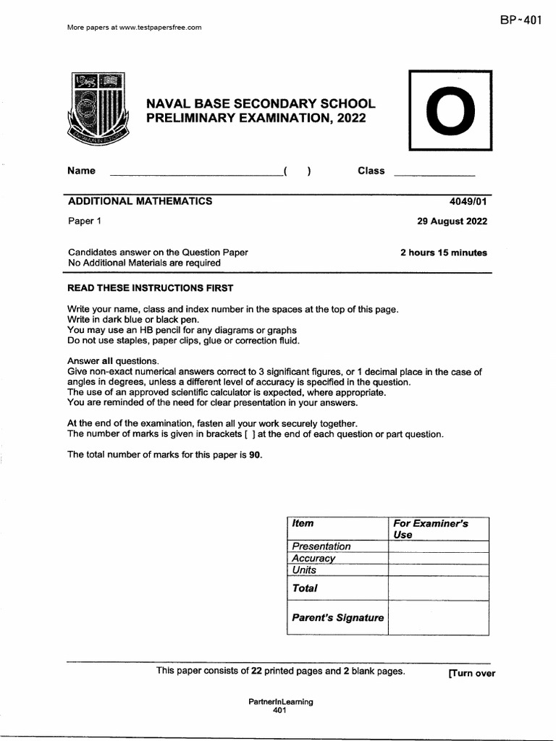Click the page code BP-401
(x=520, y=20)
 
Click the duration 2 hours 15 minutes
(x=443, y=253)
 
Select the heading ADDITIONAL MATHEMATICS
(x=140, y=201)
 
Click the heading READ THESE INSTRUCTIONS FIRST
(x=150, y=288)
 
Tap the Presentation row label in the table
(x=321, y=546)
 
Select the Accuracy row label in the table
(x=313, y=558)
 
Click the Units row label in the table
(x=305, y=570)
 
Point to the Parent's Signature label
(x=337, y=618)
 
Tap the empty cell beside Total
(x=438, y=588)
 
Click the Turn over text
(x=471, y=673)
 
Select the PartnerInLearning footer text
(x=281, y=702)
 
